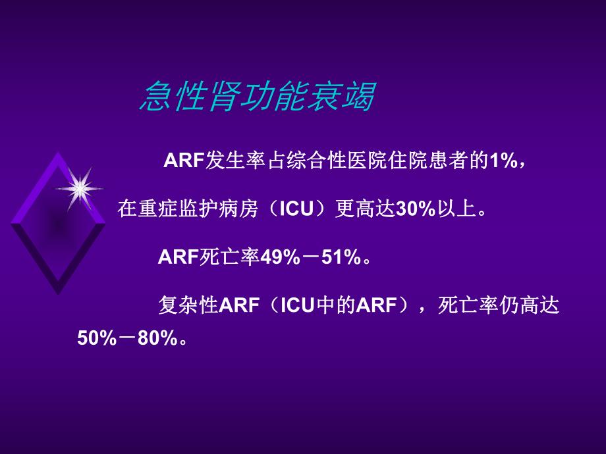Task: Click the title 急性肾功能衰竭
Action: click(x=257, y=97)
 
